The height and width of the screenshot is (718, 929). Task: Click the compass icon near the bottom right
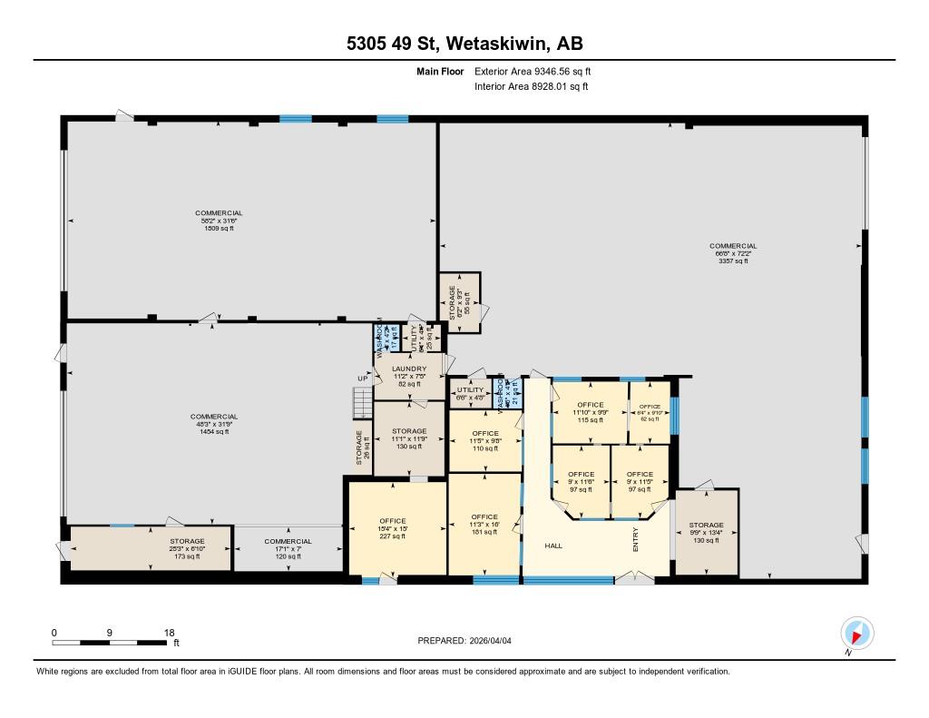click(x=856, y=633)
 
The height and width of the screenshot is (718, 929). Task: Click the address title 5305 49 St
click(x=464, y=43)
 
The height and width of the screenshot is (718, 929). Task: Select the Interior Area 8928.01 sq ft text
click(x=531, y=87)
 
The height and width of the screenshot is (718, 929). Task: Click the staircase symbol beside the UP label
click(x=361, y=401)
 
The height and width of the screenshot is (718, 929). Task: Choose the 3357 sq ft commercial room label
click(x=733, y=253)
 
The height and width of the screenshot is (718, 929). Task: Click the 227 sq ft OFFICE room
click(x=393, y=527)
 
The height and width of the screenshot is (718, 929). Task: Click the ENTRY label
click(x=636, y=541)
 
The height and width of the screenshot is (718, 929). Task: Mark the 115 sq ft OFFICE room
click(x=590, y=411)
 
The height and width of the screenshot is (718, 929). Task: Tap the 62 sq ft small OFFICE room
click(x=650, y=412)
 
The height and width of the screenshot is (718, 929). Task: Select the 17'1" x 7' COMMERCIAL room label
click(x=288, y=548)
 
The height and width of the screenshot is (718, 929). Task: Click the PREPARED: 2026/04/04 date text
click(x=470, y=640)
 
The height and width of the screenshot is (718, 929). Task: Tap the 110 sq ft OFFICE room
click(x=485, y=441)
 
